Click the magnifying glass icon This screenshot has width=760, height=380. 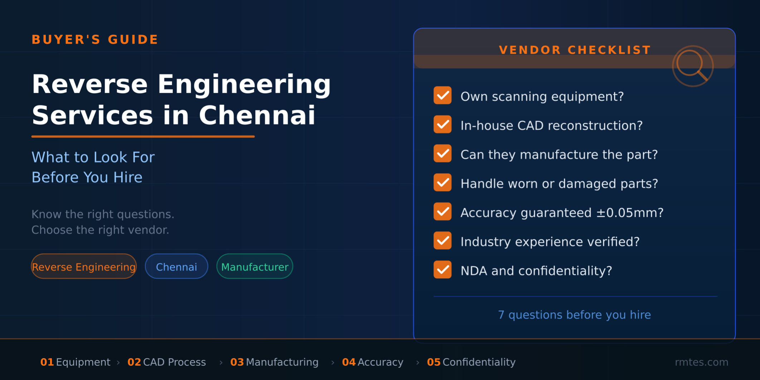(692, 66)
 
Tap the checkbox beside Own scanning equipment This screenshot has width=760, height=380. (442, 96)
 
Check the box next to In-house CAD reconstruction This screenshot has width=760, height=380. (442, 125)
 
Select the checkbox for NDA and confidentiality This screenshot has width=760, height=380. (442, 270)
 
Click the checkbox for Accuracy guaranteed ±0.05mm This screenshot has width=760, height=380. (442, 212)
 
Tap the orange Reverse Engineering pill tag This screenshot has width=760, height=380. (84, 267)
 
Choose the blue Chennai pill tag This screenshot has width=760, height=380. (176, 267)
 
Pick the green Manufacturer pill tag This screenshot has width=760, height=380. (255, 267)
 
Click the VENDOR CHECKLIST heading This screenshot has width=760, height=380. (575, 50)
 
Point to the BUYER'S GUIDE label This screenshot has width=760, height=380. (95, 39)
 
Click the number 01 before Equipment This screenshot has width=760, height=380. (47, 362)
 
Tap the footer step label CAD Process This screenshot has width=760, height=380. (174, 362)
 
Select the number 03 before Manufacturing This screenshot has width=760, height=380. (237, 362)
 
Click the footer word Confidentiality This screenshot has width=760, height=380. (479, 362)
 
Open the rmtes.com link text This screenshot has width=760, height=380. (701, 362)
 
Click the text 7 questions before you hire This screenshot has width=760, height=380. (574, 315)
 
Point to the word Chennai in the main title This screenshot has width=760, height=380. (257, 116)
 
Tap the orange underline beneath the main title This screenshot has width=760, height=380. (143, 136)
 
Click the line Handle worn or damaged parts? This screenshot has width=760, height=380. (559, 184)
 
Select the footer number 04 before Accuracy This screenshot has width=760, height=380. (349, 362)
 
